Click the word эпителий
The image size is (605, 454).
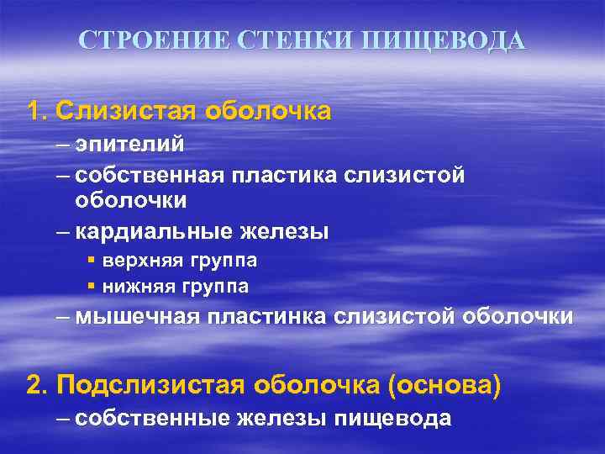[x=129, y=145]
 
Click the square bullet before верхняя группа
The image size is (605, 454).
[x=91, y=261]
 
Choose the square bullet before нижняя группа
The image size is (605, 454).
[x=91, y=288]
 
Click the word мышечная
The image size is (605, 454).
[x=136, y=318]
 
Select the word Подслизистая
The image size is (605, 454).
[x=150, y=386]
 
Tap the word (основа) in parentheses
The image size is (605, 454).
[x=445, y=386]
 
